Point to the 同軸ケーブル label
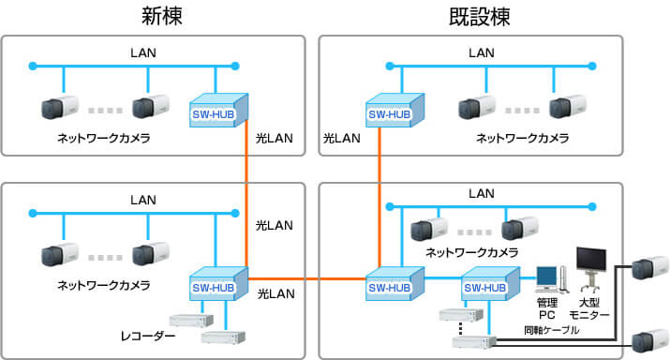click(552, 331)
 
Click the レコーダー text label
click(148, 335)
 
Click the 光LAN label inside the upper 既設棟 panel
click(342, 138)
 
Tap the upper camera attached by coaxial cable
click(649, 269)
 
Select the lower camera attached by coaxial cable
click(649, 338)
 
